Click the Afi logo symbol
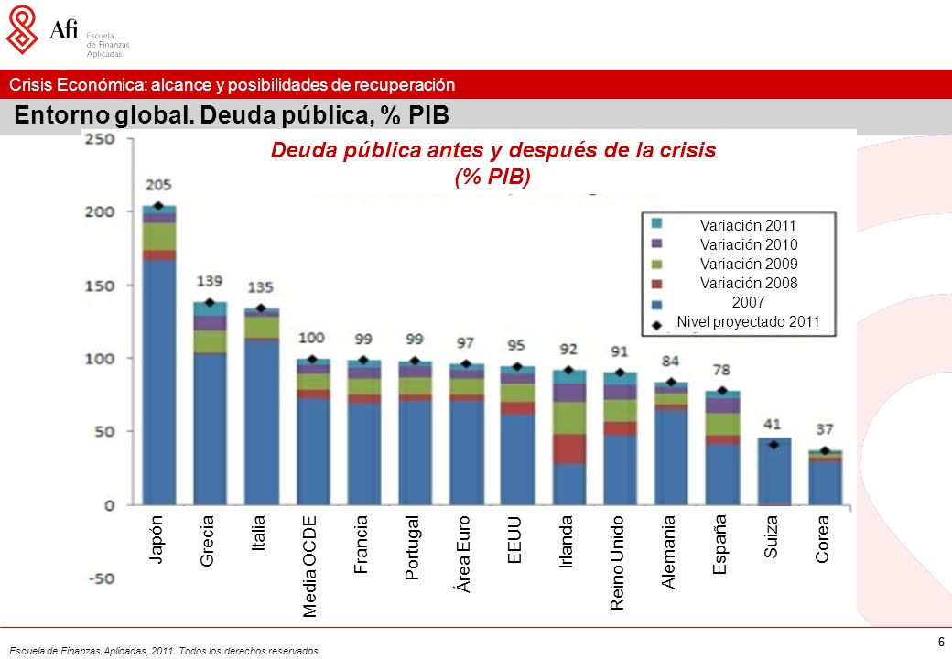coord(22,29)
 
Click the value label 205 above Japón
coord(158,185)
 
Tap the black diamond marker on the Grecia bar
coord(210,302)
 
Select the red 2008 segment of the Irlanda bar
coord(568,449)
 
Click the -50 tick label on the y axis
coord(101,578)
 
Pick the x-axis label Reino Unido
coord(617,563)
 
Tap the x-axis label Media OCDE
coord(309,567)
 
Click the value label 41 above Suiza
coord(773,424)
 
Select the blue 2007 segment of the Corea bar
coord(825,483)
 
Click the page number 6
coord(941,642)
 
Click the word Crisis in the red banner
coord(30,84)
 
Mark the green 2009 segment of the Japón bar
coord(159,237)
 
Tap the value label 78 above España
coord(721,370)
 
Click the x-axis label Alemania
coord(668,552)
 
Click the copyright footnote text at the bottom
coord(165,651)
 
